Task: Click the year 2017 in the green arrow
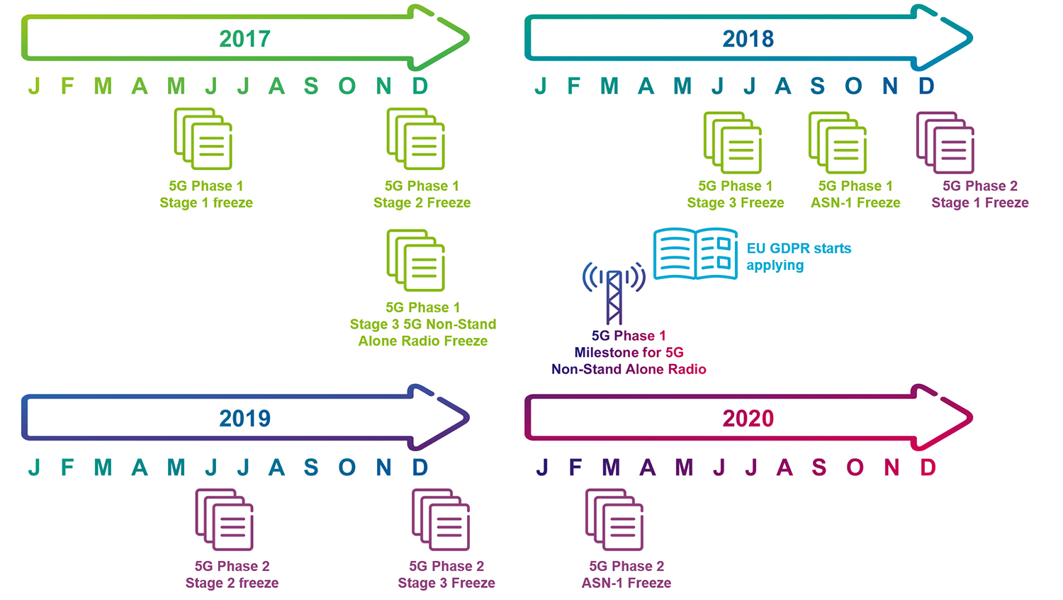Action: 244,38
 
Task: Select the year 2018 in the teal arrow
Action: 748,38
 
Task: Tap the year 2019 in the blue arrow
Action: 244,418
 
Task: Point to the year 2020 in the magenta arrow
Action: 748,418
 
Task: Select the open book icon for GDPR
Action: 694,254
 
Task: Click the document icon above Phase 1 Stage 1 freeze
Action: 203,139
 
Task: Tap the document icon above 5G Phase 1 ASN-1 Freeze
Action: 838,142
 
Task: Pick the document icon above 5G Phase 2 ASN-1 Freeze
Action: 614,520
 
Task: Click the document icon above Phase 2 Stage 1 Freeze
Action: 945,142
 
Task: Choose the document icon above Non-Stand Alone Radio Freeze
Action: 416,260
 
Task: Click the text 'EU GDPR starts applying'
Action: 798,256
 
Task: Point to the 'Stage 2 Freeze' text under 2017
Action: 422,203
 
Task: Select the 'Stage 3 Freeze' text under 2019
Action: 446,583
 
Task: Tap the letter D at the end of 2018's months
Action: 926,86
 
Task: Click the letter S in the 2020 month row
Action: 819,468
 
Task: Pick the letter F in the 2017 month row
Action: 67,86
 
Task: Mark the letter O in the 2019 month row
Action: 347,468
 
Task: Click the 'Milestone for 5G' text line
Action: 629,352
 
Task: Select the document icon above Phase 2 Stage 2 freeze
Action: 225,520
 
